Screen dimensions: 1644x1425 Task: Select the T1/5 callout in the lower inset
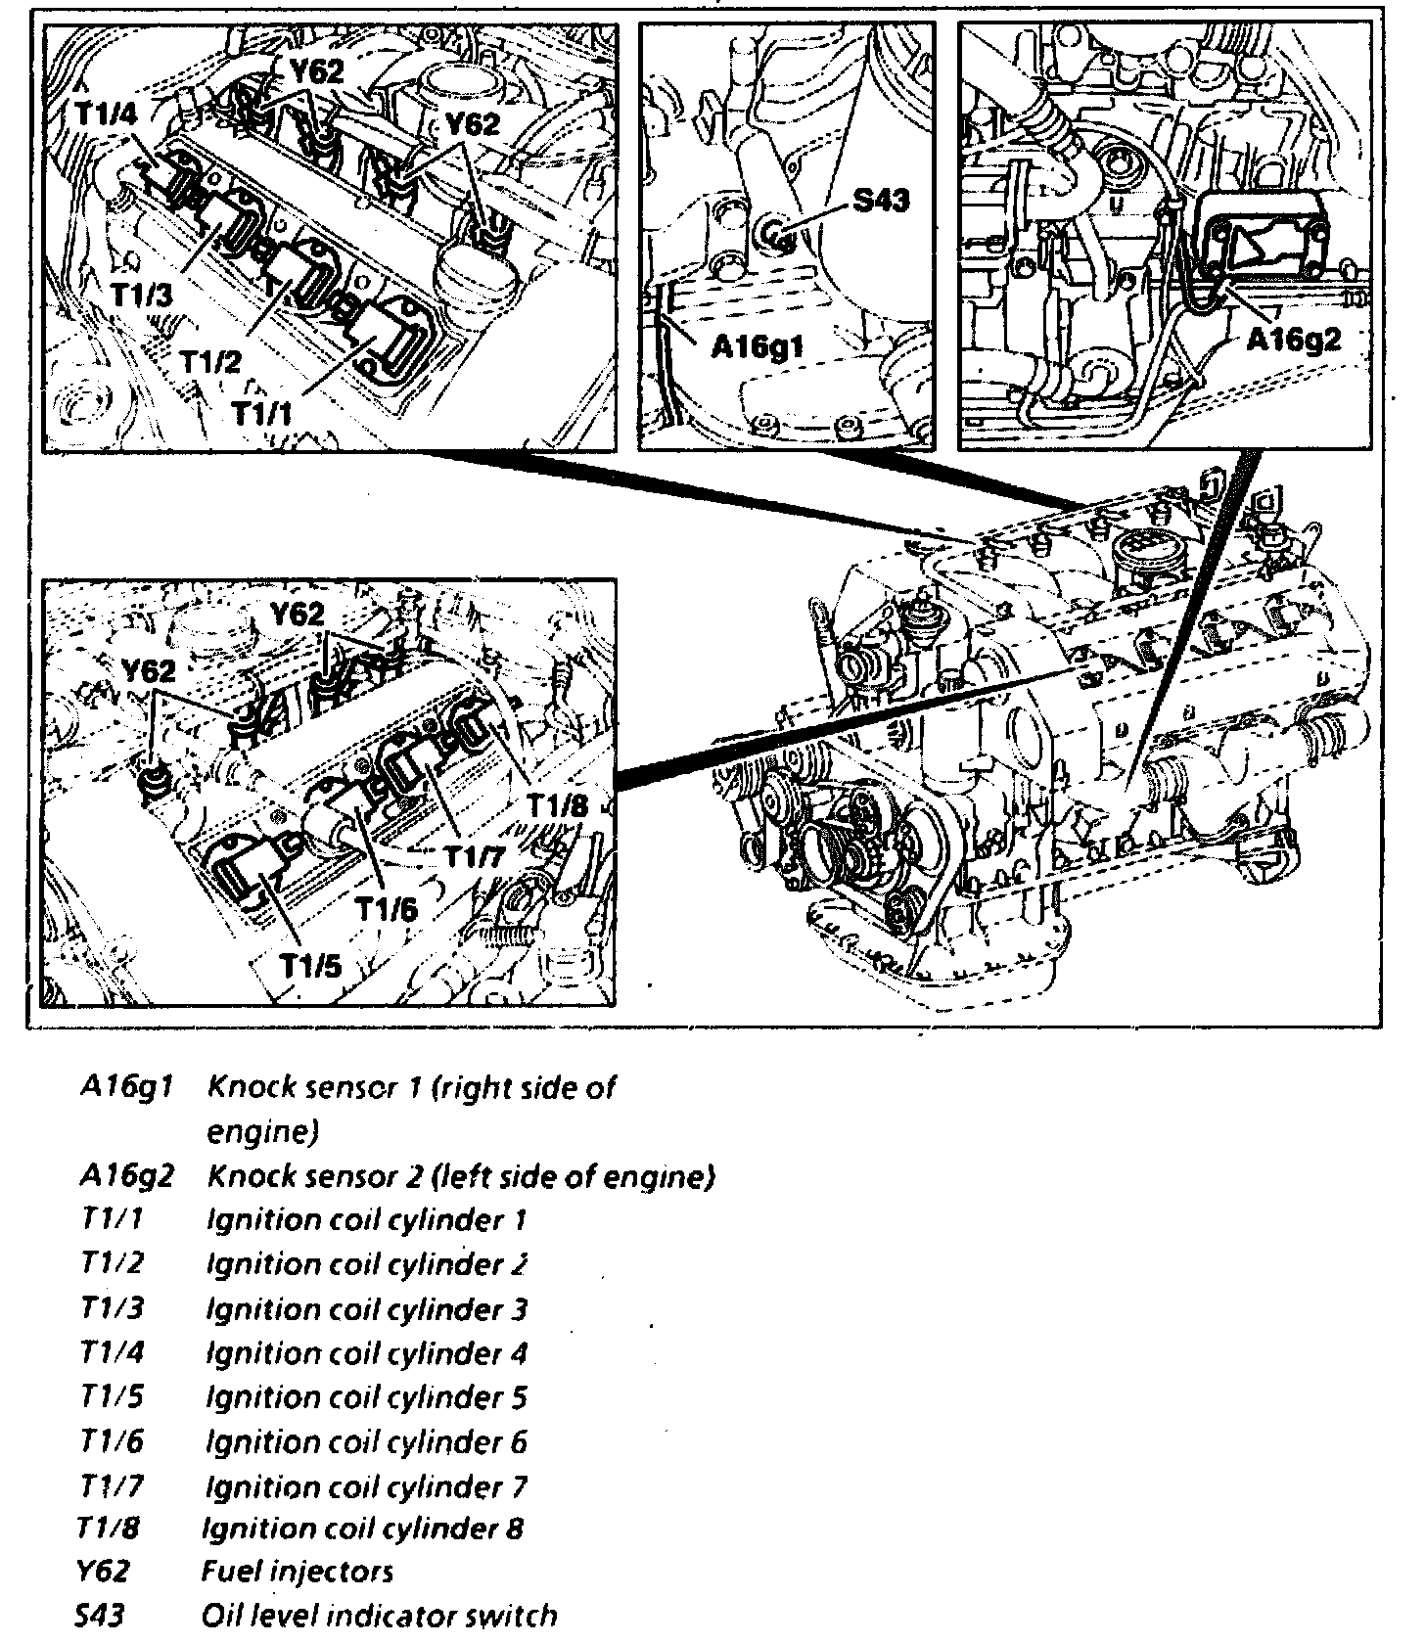[310, 966]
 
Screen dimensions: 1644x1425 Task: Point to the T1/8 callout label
[557, 804]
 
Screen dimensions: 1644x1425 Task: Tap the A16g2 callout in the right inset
[1293, 339]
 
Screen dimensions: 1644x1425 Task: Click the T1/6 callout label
[386, 910]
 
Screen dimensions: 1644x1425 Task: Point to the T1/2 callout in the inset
[209, 363]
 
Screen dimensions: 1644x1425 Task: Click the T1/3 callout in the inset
[142, 295]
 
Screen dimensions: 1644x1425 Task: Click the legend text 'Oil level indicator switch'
[379, 1616]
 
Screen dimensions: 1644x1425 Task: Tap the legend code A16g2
[126, 1174]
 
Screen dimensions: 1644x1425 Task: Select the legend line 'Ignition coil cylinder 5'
[366, 1397]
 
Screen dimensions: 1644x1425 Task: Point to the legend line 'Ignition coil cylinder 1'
[366, 1219]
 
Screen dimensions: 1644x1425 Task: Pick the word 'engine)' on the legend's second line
[262, 1132]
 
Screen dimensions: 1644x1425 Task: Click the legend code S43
[101, 1616]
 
